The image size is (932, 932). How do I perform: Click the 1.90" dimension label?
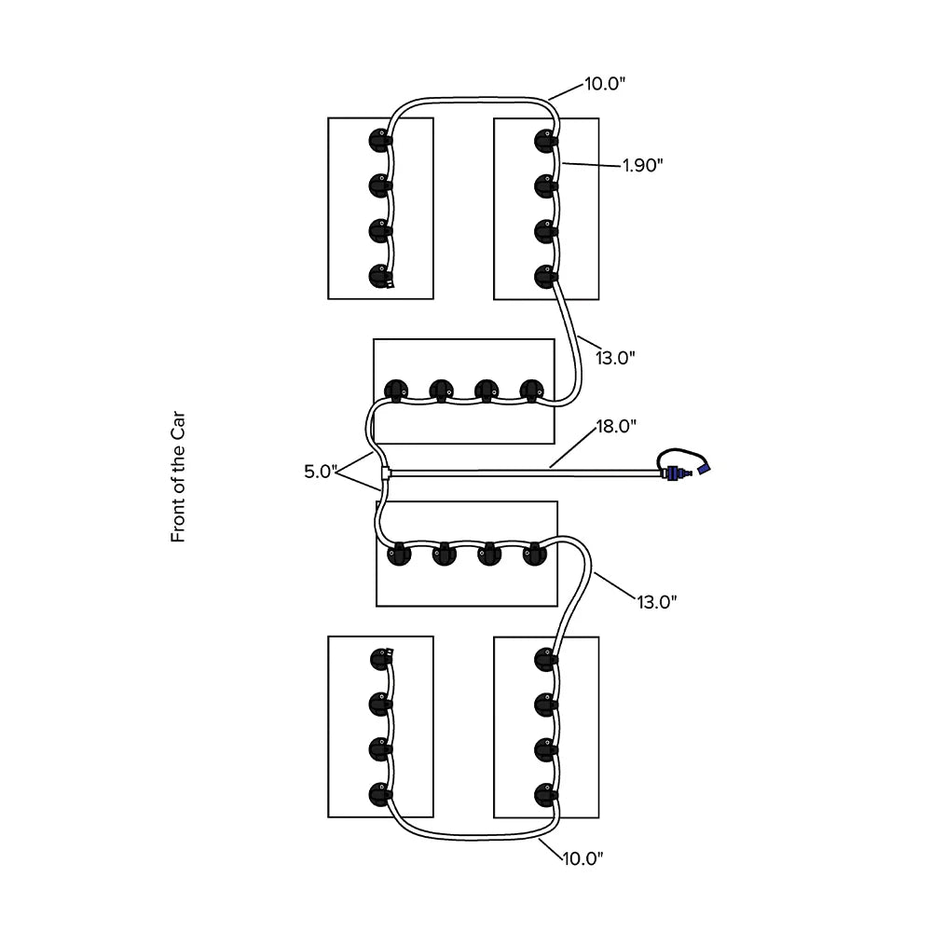(642, 166)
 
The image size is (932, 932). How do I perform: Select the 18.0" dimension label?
(616, 426)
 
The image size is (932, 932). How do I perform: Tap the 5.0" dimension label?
(319, 472)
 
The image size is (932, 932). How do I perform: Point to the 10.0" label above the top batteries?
(605, 84)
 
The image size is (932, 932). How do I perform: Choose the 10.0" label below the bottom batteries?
(583, 857)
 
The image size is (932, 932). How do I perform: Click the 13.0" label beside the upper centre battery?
(615, 357)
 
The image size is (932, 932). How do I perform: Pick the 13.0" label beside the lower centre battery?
(656, 601)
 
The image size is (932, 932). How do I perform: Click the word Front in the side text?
(178, 523)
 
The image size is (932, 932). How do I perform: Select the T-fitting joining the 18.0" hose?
(385, 473)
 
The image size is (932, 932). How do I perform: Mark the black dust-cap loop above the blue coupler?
(679, 456)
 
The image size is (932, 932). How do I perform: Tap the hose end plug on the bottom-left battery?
(390, 653)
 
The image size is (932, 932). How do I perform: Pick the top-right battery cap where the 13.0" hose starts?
(545, 277)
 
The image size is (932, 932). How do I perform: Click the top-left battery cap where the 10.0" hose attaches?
(379, 141)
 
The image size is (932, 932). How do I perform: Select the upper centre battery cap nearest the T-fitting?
(397, 390)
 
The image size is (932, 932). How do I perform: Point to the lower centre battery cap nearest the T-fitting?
(399, 555)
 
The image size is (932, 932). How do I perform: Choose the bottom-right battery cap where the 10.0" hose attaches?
(545, 795)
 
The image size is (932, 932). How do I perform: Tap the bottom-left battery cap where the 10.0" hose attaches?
(379, 794)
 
